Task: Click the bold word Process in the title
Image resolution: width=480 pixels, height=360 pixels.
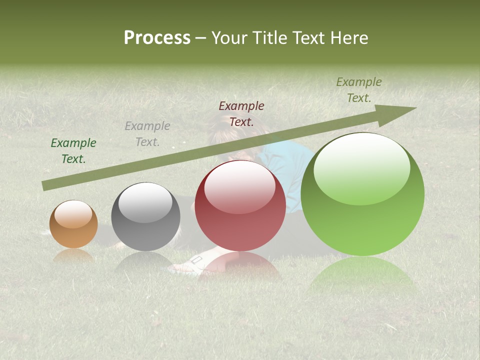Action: click(157, 38)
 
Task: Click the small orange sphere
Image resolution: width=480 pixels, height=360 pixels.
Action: click(73, 224)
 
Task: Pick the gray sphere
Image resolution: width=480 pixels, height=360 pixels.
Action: click(145, 217)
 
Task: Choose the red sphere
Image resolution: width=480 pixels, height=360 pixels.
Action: click(240, 206)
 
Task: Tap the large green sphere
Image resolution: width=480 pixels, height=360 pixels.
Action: click(362, 194)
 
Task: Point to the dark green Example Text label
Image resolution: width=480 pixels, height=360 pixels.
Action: click(73, 151)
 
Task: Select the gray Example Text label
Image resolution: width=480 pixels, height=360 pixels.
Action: click(147, 134)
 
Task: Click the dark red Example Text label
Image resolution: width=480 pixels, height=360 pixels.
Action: click(241, 113)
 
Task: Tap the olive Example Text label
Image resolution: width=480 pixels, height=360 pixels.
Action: click(359, 90)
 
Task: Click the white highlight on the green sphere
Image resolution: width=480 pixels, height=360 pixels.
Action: click(361, 167)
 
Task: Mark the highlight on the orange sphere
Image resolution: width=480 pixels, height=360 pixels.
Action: click(73, 214)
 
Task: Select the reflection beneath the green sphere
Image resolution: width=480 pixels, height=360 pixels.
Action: click(362, 275)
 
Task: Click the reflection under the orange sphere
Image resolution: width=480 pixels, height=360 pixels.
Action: click(73, 256)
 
